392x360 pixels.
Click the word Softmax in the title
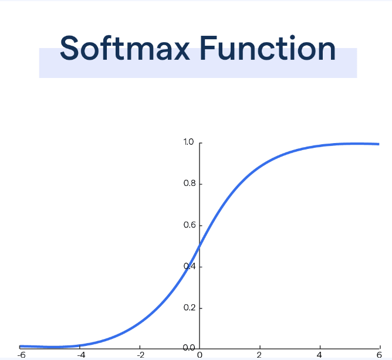[125, 47]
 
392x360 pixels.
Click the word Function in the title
[268, 47]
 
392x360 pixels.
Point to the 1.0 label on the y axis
[188, 142]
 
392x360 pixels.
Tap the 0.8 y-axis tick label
[190, 184]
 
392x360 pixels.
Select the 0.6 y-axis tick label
[190, 225]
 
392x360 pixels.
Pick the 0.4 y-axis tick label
[190, 266]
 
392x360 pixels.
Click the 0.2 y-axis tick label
[190, 308]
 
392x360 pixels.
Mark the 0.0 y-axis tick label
[189, 348]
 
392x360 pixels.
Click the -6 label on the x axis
[22, 355]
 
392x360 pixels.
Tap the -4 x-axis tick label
[81, 355]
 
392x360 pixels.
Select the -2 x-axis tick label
[141, 355]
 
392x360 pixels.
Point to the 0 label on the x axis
[200, 355]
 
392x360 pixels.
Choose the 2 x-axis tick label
[259, 355]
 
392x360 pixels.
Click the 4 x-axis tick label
[319, 355]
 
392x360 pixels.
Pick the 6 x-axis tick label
[379, 355]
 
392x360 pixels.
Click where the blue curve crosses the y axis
[200, 246]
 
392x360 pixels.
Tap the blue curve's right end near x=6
[379, 144]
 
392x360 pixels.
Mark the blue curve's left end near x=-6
[21, 347]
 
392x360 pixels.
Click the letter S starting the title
[69, 47]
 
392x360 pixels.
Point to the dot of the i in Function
[292, 38]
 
